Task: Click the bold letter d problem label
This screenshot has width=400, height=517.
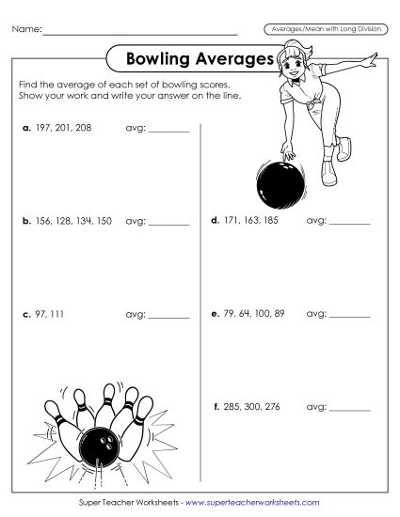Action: coord(216,221)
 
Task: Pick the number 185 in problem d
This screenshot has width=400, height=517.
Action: coord(269,221)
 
